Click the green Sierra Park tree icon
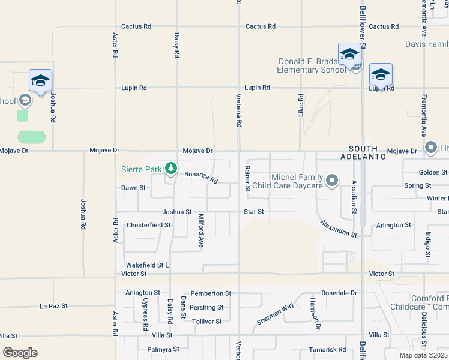coord(171,169)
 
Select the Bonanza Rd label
coord(200,177)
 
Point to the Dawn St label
coord(134,188)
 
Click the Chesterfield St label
coord(149,226)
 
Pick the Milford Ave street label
coord(202,231)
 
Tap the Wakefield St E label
coord(147,265)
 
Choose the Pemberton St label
coord(211,293)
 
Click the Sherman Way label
coord(276,313)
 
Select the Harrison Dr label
coord(313,314)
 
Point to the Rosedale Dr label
coord(339,293)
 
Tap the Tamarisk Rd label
coord(325,349)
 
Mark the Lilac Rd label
coord(301,105)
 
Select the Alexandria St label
coord(338,228)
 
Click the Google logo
coord(20,353)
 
